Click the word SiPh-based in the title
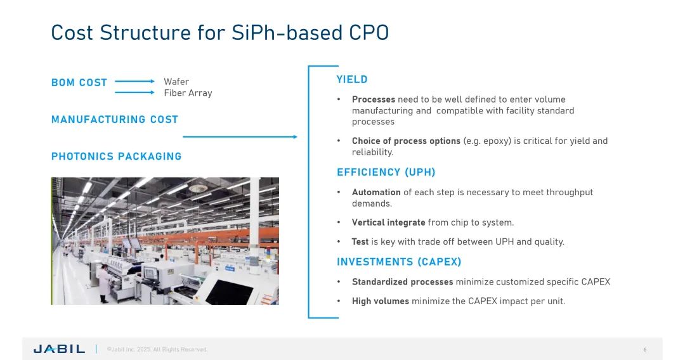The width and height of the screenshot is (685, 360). tap(287, 33)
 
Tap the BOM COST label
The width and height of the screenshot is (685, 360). tap(79, 82)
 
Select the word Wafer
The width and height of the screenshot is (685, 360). tap(176, 82)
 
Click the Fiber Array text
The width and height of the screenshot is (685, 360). tap(188, 93)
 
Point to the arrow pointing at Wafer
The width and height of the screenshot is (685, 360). tap(134, 81)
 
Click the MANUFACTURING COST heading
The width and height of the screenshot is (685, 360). tap(114, 120)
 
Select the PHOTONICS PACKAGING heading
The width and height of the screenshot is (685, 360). tap(116, 156)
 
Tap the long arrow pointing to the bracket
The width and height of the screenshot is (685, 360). tap(240, 136)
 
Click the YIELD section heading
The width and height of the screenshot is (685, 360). tap(352, 79)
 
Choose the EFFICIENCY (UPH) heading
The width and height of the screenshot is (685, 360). tap(386, 172)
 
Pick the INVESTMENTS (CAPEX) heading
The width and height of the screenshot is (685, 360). tap(399, 262)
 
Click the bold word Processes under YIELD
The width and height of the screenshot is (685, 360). tap(374, 100)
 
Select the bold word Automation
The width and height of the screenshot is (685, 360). tap(376, 192)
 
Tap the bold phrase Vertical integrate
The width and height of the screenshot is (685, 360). tap(388, 222)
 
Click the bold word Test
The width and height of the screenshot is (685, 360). tap(360, 241)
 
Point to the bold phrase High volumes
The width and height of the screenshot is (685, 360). tap(381, 301)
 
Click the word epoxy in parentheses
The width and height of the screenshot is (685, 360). tap(495, 141)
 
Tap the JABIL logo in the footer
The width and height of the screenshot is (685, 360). tap(59, 349)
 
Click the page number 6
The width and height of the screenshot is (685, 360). tap(645, 349)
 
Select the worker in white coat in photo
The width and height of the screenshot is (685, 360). tap(104, 283)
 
